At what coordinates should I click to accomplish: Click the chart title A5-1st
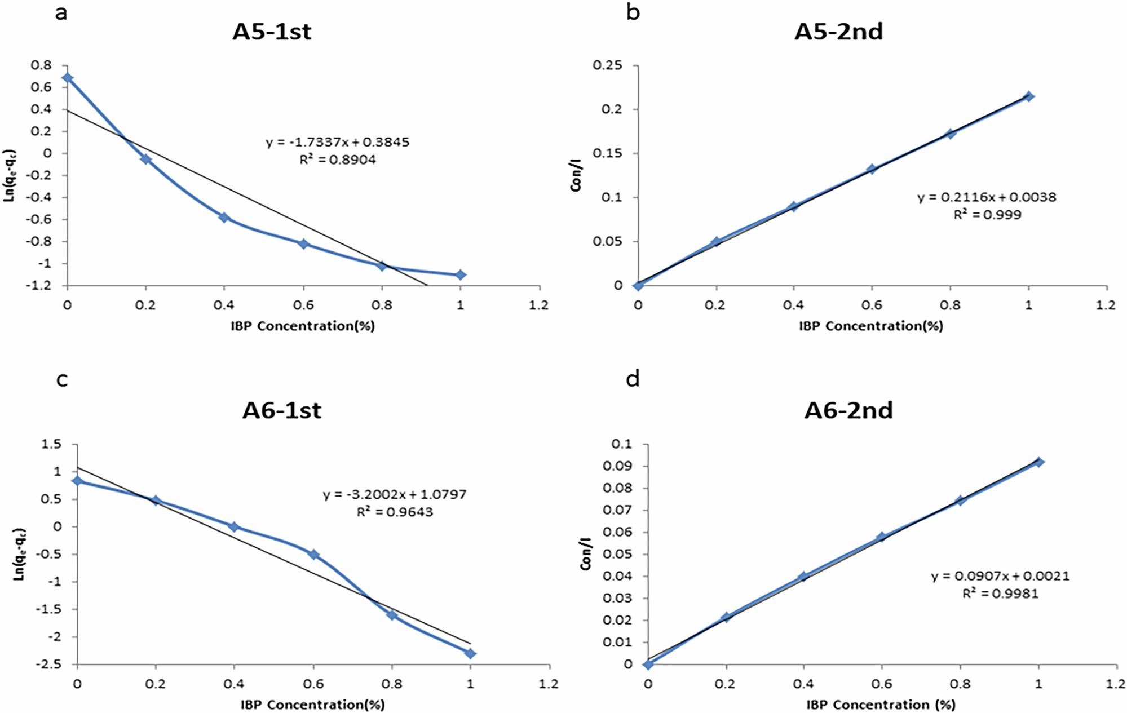pyautogui.click(x=272, y=32)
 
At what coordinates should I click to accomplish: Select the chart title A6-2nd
pyautogui.click(x=848, y=410)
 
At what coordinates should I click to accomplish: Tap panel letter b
pyautogui.click(x=633, y=12)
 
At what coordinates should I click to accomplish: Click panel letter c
pyautogui.click(x=62, y=379)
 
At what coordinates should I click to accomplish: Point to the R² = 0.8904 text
pyautogui.click(x=338, y=160)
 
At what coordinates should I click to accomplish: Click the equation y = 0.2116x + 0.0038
pyautogui.click(x=987, y=197)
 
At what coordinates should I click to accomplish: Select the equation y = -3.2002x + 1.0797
pyautogui.click(x=395, y=495)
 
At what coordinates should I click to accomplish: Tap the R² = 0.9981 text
pyautogui.click(x=1000, y=594)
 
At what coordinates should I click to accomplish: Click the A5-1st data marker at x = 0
pyautogui.click(x=67, y=77)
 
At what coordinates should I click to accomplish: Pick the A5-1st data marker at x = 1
pyautogui.click(x=461, y=274)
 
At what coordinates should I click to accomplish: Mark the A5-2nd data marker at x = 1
pyautogui.click(x=1029, y=96)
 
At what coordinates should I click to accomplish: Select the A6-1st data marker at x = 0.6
pyautogui.click(x=313, y=555)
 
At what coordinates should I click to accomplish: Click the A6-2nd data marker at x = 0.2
pyautogui.click(x=726, y=617)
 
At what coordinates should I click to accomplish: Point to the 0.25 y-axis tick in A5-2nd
pyautogui.click(x=608, y=65)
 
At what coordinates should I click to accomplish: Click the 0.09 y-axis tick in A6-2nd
pyautogui.click(x=618, y=466)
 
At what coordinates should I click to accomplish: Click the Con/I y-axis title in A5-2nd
pyautogui.click(x=576, y=175)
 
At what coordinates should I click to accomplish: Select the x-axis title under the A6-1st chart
pyautogui.click(x=312, y=705)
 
